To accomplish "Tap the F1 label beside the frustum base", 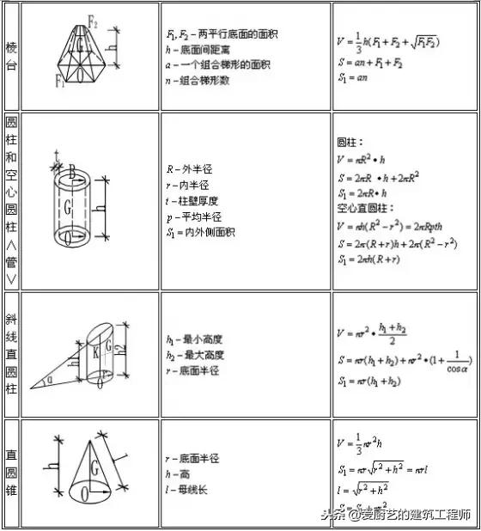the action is (61, 82).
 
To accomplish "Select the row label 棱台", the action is (10, 55).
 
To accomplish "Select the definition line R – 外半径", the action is (188, 169).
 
